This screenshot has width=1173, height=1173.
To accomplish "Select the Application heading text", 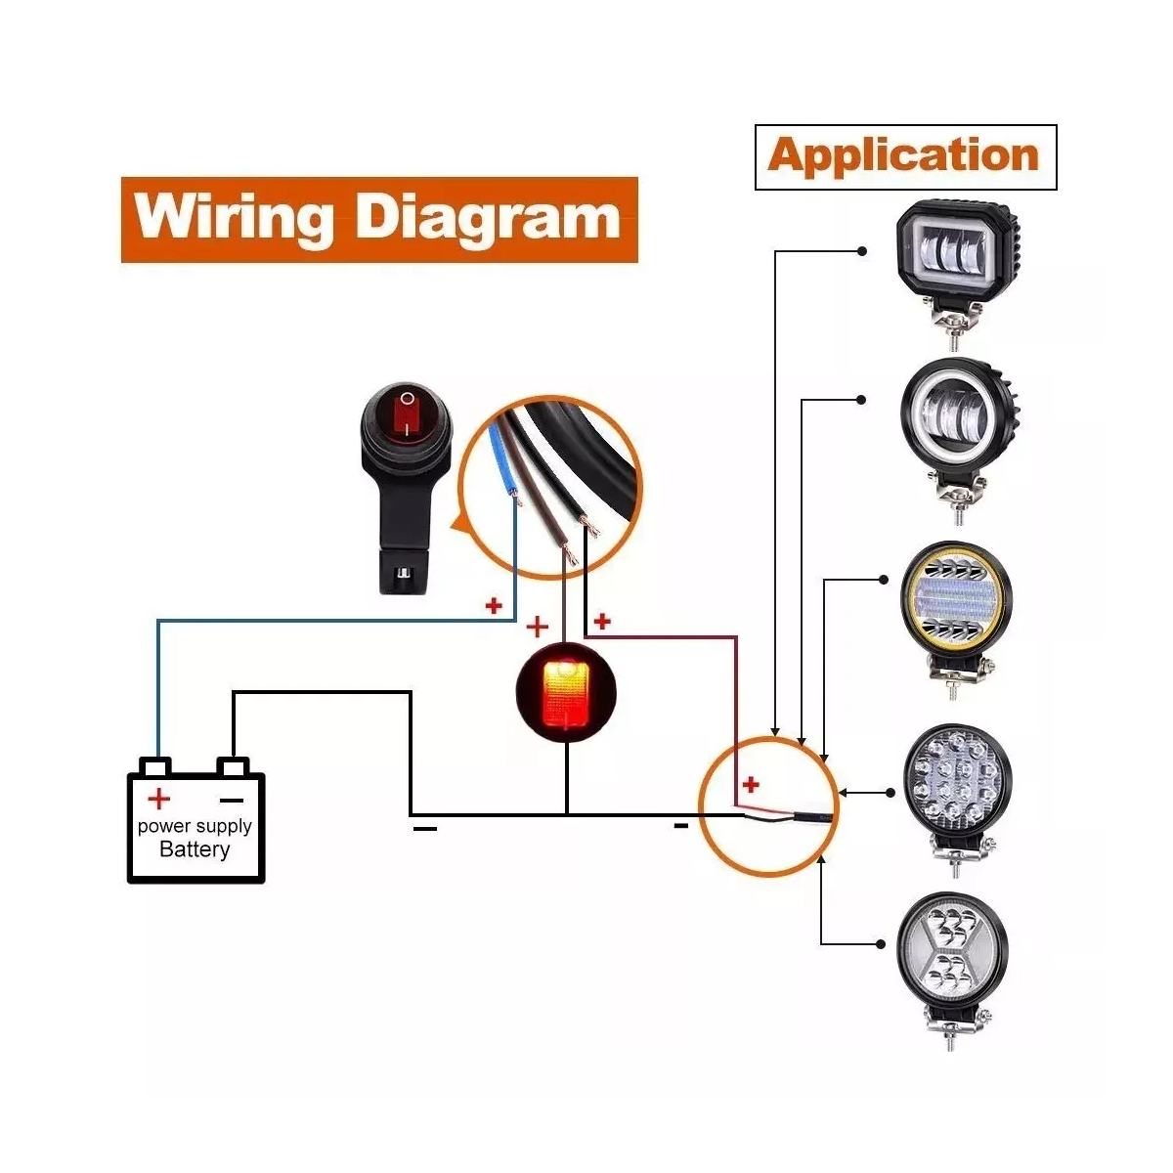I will tap(904, 156).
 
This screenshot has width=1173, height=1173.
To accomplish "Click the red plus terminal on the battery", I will tap(157, 800).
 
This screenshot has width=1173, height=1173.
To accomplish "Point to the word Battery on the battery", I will tap(195, 849).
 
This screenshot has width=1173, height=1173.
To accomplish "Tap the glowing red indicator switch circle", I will tap(565, 694).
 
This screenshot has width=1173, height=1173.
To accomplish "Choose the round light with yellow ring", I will tap(955, 598).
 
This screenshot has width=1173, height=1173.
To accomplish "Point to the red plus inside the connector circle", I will tap(751, 784).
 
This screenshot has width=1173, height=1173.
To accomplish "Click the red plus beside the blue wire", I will tap(494, 606).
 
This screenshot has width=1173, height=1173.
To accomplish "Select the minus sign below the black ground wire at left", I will tap(425, 830).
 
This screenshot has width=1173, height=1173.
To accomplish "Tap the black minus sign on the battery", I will tap(232, 800).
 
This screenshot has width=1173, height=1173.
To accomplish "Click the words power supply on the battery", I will tap(195, 826).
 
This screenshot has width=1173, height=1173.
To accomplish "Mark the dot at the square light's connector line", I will tap(861, 251).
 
